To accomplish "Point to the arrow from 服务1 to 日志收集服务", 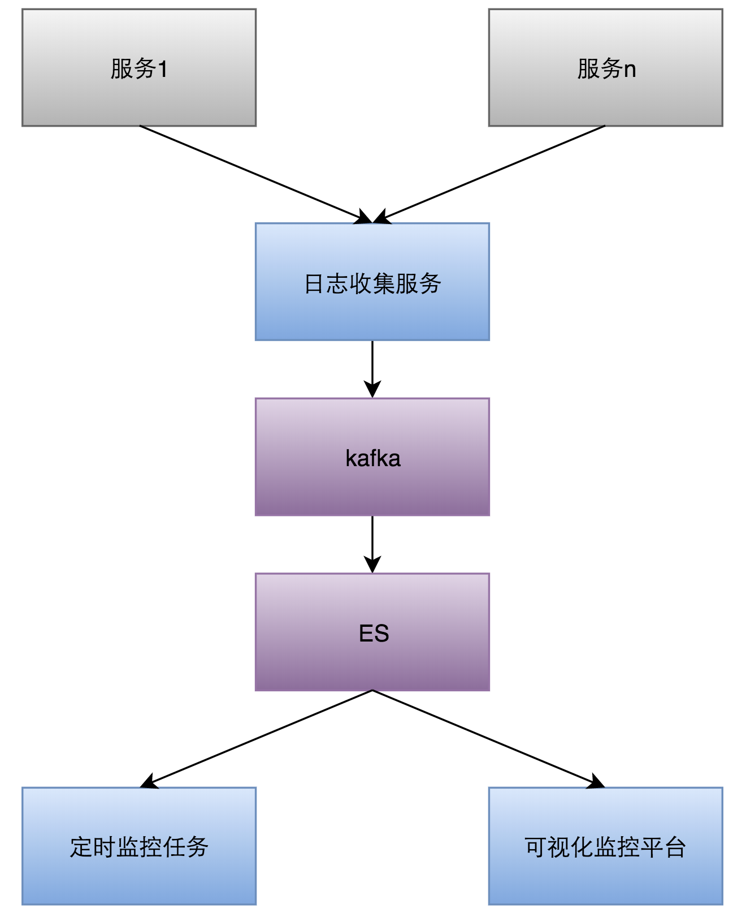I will (254, 174).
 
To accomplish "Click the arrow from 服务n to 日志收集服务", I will (491, 174).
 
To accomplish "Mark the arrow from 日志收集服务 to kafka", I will (372, 368).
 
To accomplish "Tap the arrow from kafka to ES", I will (372, 543).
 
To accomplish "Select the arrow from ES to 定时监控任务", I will (257, 738).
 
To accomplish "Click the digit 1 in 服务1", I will (163, 69).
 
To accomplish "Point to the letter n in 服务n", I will (630, 70).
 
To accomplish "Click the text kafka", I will (372, 458).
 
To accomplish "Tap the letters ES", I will (374, 634).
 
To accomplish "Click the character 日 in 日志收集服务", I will (314, 283).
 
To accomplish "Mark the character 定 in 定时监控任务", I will (81, 847).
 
